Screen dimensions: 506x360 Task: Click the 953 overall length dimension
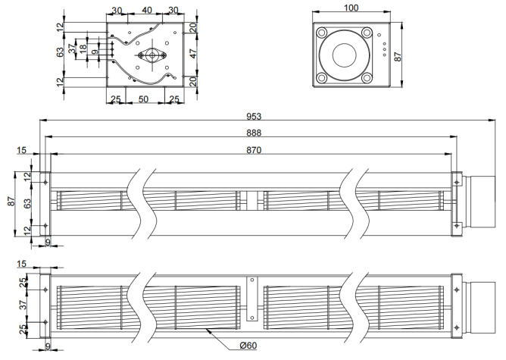point(254,116)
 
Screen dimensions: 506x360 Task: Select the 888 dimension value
point(254,133)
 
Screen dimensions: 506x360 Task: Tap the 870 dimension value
point(254,150)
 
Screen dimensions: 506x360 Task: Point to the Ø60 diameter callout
point(248,346)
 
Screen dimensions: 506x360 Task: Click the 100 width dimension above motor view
point(351,8)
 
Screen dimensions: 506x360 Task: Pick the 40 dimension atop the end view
point(147,11)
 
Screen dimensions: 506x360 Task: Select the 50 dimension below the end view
point(143,99)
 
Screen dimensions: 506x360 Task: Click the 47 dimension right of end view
point(193,54)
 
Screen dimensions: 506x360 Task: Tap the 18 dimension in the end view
point(83,49)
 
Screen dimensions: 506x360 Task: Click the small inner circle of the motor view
point(345,55)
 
